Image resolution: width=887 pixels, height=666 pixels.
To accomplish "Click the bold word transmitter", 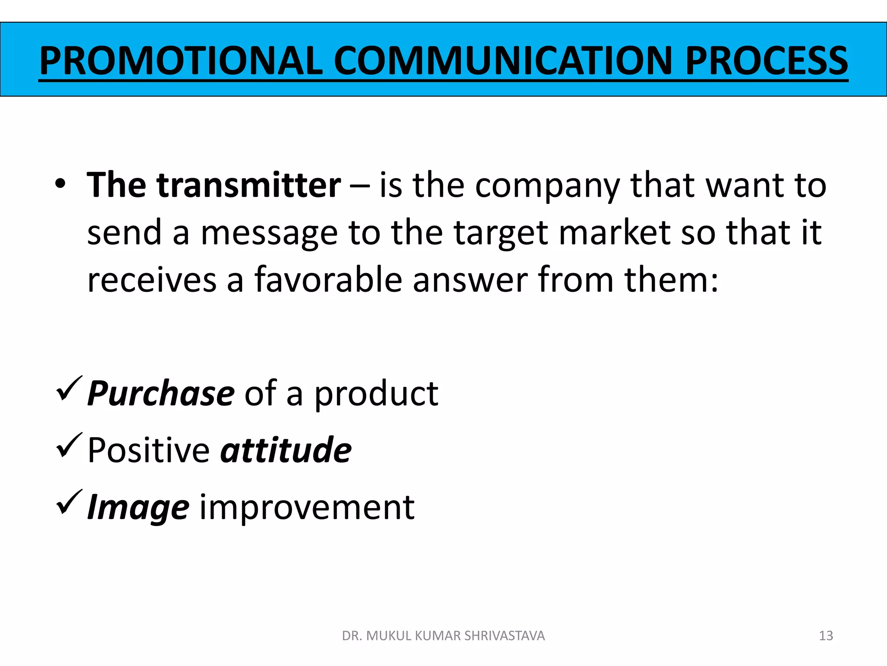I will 249,186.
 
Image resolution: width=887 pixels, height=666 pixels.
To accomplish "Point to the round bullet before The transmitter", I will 60,184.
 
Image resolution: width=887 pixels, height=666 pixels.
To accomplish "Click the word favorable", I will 328,280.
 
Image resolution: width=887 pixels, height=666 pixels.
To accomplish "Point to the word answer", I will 470,281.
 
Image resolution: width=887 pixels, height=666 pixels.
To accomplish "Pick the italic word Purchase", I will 161,393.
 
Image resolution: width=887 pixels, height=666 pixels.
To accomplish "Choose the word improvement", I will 307,507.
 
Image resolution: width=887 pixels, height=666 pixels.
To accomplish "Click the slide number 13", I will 826,636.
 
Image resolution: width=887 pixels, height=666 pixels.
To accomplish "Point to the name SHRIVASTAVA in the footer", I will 504,636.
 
